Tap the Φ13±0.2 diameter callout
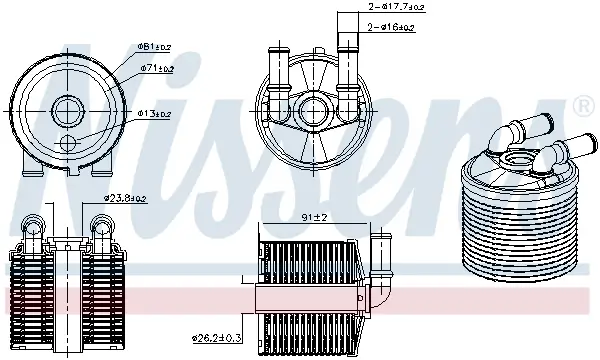pos(154,114)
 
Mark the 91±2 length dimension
pos(315,217)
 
